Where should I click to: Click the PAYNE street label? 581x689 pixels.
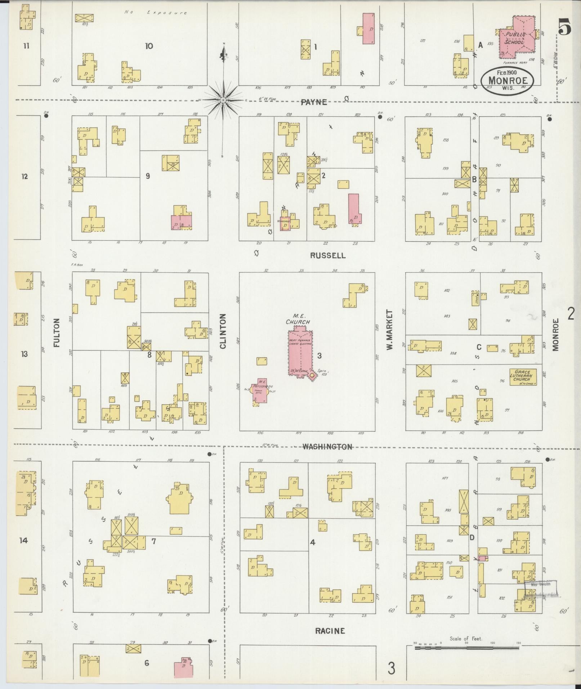pyautogui.click(x=314, y=102)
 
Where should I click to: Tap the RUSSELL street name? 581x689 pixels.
pyautogui.click(x=327, y=256)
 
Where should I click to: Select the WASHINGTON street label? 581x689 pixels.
pyautogui.click(x=327, y=447)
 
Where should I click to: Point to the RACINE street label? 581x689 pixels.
pyautogui.click(x=330, y=631)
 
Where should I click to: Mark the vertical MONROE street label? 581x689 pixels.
pyautogui.click(x=555, y=334)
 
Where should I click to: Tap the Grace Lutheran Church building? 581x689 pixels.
pyautogui.click(x=523, y=377)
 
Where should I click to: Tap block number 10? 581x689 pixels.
pyautogui.click(x=149, y=46)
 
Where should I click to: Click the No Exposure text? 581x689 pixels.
pyautogui.click(x=156, y=13)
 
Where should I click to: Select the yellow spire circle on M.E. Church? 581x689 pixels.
pyautogui.click(x=312, y=375)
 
